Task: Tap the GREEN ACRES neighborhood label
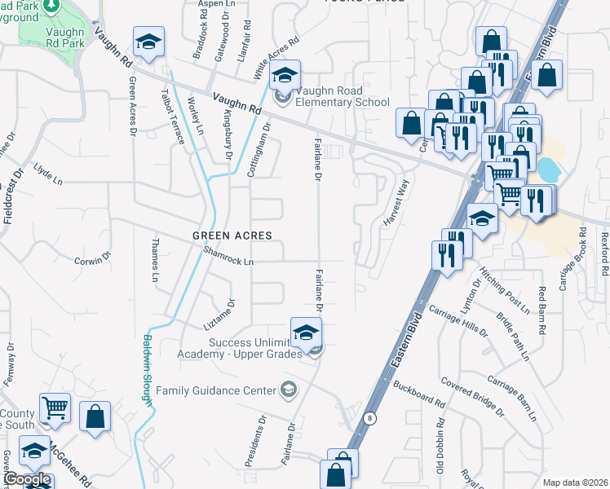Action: (x=232, y=236)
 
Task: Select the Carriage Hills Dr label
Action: (x=464, y=322)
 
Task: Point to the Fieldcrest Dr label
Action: (x=8, y=204)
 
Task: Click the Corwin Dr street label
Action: (x=92, y=260)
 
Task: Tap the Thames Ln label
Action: (x=154, y=260)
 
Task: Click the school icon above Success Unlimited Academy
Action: (x=307, y=333)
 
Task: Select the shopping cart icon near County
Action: (x=55, y=408)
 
